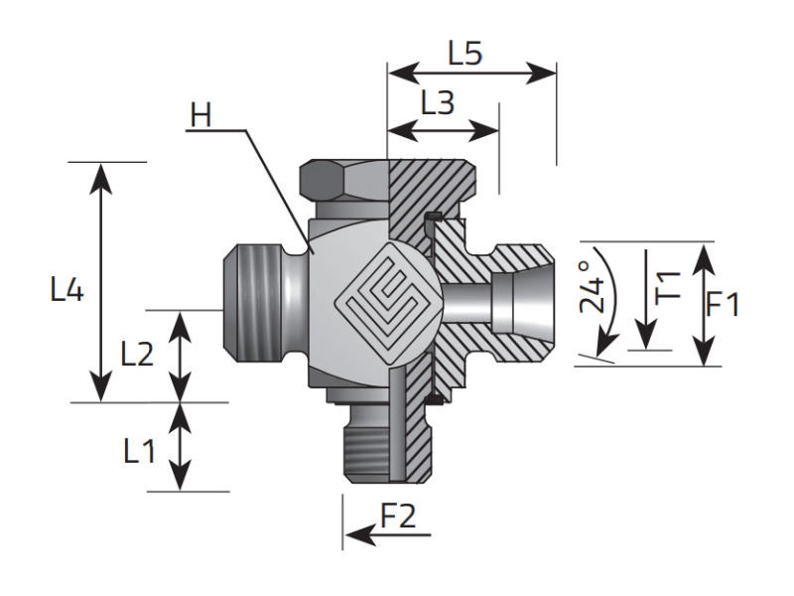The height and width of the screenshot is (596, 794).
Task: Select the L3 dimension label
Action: tap(438, 102)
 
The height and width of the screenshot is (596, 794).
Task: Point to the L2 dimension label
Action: tap(137, 354)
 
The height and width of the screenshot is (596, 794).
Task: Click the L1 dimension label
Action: tap(139, 452)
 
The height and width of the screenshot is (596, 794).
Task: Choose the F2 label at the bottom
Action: tap(399, 516)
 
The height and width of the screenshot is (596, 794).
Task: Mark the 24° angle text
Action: tap(593, 288)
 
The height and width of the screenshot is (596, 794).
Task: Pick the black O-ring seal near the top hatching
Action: tap(434, 218)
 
